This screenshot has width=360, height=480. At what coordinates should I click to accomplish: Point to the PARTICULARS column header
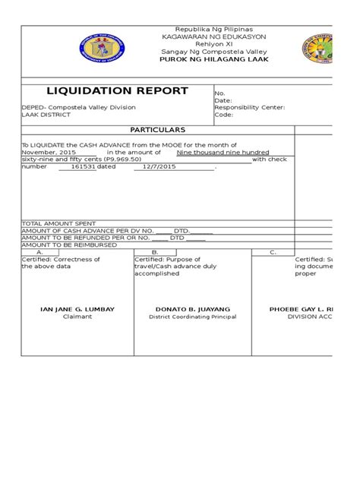[158, 131]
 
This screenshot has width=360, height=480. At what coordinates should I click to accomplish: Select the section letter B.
[155, 252]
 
